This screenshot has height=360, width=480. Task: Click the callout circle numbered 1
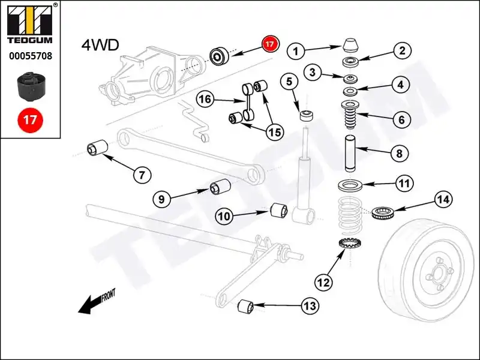(295, 51)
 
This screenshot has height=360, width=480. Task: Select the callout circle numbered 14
(443, 199)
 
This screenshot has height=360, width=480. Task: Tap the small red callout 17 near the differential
(270, 44)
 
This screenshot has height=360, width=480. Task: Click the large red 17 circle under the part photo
(30, 119)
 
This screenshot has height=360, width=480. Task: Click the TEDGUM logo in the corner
(30, 26)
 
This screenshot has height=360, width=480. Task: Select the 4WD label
(100, 45)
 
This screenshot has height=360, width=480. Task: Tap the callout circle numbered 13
(309, 307)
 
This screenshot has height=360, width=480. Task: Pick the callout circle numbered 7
(142, 175)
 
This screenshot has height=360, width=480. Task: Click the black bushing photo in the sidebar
(29, 86)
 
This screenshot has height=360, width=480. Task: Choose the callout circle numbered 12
(323, 281)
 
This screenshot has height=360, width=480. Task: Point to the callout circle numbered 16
(206, 100)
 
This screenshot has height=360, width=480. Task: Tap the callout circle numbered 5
(289, 81)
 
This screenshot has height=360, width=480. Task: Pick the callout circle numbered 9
(162, 197)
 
